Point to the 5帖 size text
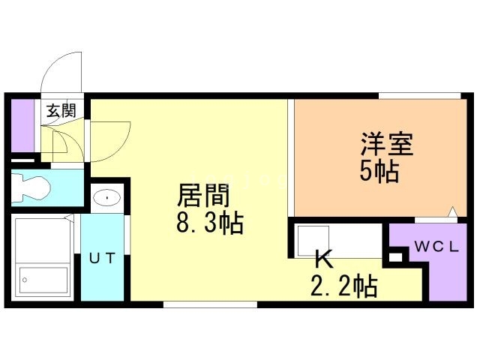tap(378, 172)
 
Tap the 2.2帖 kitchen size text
tap(343, 285)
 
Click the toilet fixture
tap(29, 188)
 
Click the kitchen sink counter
tap(337, 239)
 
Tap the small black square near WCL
tap(395, 256)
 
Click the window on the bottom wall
tap(210, 304)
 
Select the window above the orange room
tap(418, 95)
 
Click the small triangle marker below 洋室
tap(452, 212)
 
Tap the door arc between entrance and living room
tap(109, 139)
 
